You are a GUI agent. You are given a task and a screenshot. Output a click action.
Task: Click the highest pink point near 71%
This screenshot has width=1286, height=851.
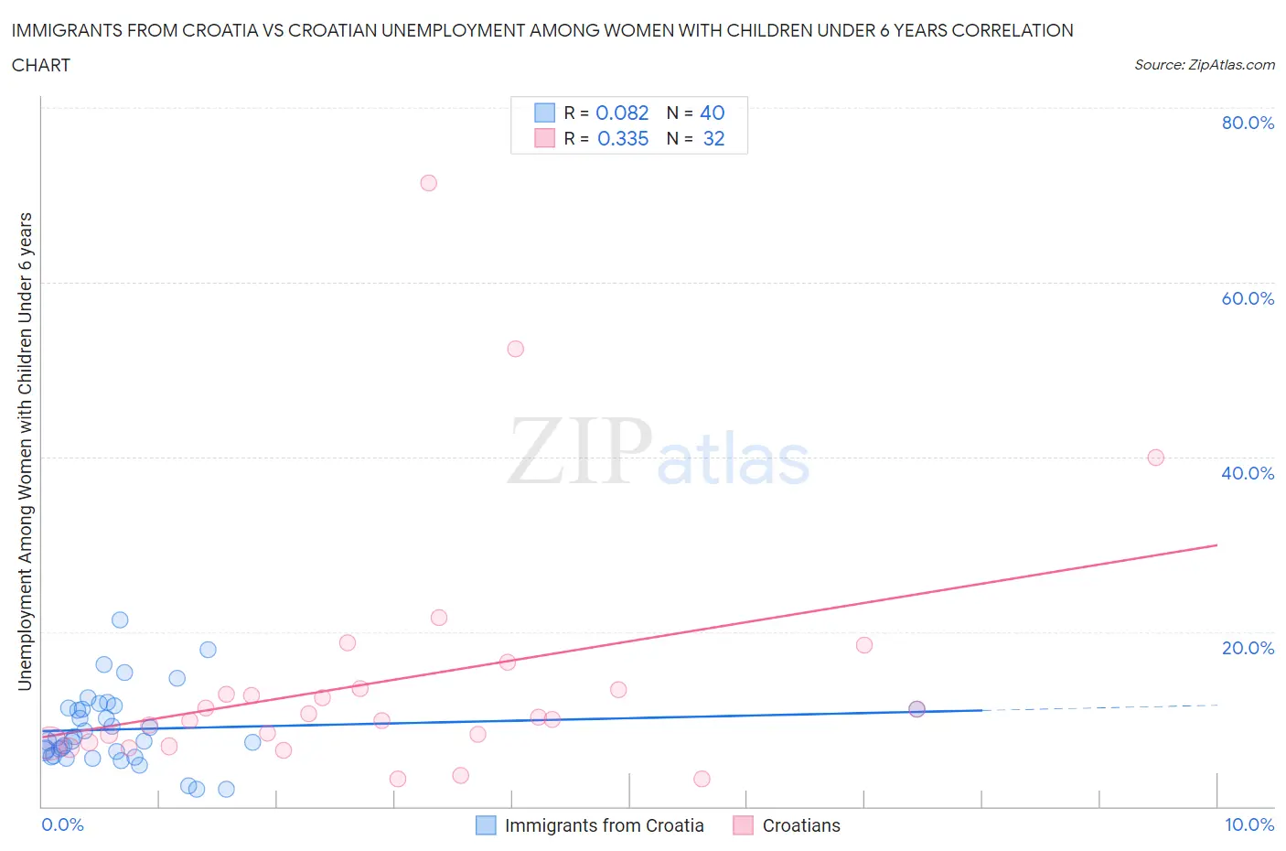pos(428,183)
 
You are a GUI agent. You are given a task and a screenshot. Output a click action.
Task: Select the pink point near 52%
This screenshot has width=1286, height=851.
pos(515,349)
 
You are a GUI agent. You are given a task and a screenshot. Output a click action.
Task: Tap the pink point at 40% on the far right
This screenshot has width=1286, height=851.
pos(1155,458)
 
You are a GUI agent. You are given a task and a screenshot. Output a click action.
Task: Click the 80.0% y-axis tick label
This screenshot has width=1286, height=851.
pos(1248,123)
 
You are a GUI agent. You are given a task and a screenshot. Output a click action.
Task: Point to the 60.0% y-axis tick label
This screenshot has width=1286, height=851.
pos(1248,298)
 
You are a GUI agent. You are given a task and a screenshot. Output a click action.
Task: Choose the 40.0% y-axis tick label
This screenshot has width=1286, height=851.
pos(1248,473)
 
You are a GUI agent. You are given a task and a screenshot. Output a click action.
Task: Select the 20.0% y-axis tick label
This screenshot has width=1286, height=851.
pos(1248,648)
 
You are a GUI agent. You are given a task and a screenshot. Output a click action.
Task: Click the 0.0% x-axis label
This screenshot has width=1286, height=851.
pos(62,824)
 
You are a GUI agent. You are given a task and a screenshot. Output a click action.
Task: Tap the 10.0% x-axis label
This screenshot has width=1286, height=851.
pos(1249,824)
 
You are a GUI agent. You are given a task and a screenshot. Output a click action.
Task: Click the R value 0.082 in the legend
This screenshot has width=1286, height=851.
pos(622,113)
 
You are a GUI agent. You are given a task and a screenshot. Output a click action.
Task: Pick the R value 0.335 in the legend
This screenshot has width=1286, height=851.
pos(623,138)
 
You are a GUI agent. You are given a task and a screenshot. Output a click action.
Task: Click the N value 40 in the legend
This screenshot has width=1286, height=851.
pos(712,113)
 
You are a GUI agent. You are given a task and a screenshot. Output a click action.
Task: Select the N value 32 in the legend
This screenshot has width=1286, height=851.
pos(713,138)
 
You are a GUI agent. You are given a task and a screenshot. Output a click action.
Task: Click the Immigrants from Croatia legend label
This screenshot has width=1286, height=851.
pos(604,825)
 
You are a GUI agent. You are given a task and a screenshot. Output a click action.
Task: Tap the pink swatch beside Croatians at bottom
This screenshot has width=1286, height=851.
pos(743,825)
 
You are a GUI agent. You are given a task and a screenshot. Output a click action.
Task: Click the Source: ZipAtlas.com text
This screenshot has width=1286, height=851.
pos(1204,64)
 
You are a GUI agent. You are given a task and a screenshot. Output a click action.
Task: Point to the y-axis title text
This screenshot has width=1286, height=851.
pos(25,451)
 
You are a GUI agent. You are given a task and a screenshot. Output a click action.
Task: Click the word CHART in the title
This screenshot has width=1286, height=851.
pos(41,65)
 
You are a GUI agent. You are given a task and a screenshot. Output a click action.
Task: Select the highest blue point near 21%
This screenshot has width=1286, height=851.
pos(120,619)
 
